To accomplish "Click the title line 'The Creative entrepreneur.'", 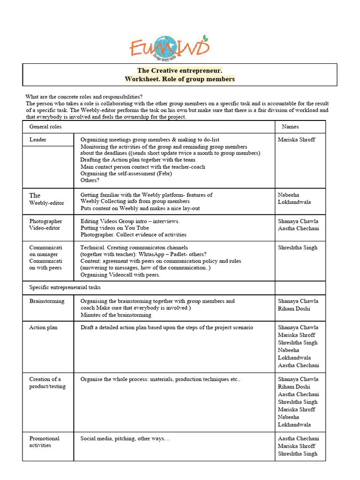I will (x=180, y=70).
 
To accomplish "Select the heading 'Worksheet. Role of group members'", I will (x=180, y=79).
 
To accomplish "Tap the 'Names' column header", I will (x=290, y=127).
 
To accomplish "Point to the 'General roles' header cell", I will (x=45, y=127).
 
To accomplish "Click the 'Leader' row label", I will (x=38, y=140).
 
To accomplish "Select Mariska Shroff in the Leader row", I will (x=296, y=140).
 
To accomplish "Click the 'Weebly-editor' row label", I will (x=47, y=202).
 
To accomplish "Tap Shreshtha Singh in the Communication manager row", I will (x=298, y=247).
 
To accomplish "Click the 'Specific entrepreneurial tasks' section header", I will (x=65, y=287).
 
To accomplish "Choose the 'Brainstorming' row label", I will (x=47, y=301).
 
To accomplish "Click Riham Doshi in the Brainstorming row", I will (x=294, y=308).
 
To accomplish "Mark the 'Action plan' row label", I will (x=44, y=327).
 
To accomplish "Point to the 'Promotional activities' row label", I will (x=45, y=442).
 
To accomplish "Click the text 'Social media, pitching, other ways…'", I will (x=125, y=438).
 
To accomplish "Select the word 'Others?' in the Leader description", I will (x=90, y=180).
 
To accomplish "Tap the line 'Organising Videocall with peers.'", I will (x=120, y=275).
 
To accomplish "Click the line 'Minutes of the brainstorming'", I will (x=116, y=315).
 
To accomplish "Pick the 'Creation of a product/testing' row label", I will (x=47, y=382).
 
